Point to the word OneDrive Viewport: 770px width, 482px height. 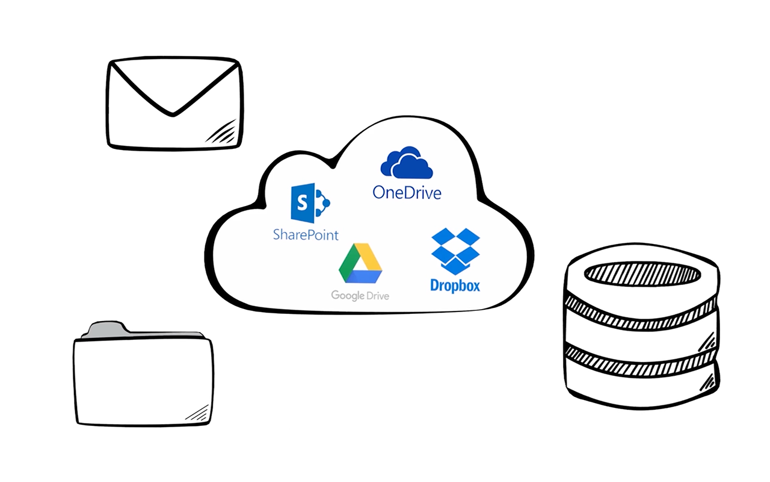(x=407, y=192)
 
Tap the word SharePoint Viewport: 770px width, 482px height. (x=306, y=234)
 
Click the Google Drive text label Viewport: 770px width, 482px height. (x=360, y=295)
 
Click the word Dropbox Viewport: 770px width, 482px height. (x=455, y=285)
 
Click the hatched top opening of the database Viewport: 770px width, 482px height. (x=642, y=274)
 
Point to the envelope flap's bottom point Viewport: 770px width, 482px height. (x=173, y=113)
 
